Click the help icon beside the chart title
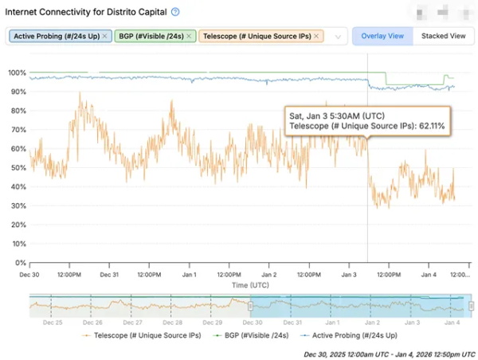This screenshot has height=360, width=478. (x=175, y=12)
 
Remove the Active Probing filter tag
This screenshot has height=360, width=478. (x=106, y=36)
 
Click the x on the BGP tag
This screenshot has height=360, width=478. (x=188, y=36)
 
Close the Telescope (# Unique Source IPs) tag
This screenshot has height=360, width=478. (x=316, y=36)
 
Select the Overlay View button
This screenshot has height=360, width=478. (x=382, y=36)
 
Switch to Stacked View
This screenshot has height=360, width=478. (x=443, y=36)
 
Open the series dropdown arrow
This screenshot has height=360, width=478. (x=338, y=37)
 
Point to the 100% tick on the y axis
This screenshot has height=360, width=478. (x=17, y=72)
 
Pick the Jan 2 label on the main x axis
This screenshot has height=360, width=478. (x=269, y=275)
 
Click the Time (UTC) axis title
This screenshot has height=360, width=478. (x=250, y=284)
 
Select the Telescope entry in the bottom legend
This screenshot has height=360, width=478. (x=138, y=335)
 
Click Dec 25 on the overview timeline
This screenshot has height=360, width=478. (x=53, y=323)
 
